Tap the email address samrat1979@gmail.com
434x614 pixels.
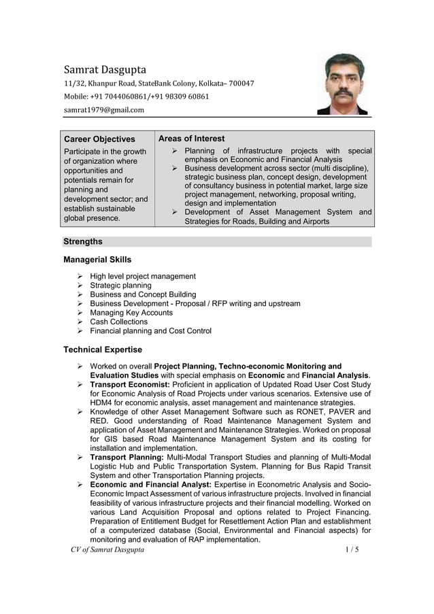[x=104, y=109]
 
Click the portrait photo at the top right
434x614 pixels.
[x=343, y=84]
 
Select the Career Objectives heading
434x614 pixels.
[x=99, y=139]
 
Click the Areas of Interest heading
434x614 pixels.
[x=191, y=139]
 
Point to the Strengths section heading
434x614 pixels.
[x=83, y=241]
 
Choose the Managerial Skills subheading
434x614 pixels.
[x=97, y=260]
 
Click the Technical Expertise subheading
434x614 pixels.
[x=103, y=349]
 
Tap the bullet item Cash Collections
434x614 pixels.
[x=118, y=322]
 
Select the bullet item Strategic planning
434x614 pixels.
[x=120, y=286]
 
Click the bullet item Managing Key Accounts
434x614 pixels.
[x=131, y=313]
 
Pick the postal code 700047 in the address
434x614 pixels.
[x=240, y=84]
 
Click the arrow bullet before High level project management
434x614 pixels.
[x=80, y=277]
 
